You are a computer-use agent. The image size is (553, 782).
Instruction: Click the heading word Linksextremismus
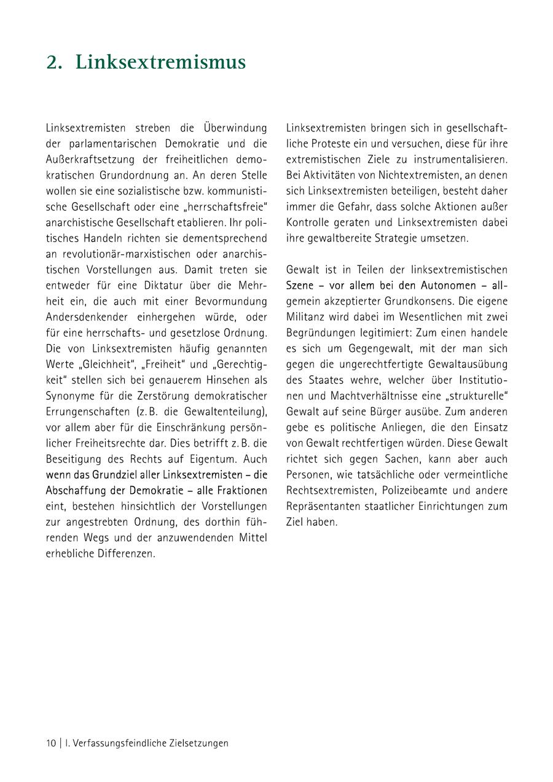point(160,63)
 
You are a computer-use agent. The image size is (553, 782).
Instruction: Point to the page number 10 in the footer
point(50,743)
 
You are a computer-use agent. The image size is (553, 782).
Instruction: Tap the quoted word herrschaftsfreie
point(233,207)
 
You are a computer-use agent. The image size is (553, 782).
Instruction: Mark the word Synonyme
point(69,396)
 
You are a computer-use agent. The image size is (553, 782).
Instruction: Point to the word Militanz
point(304,317)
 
